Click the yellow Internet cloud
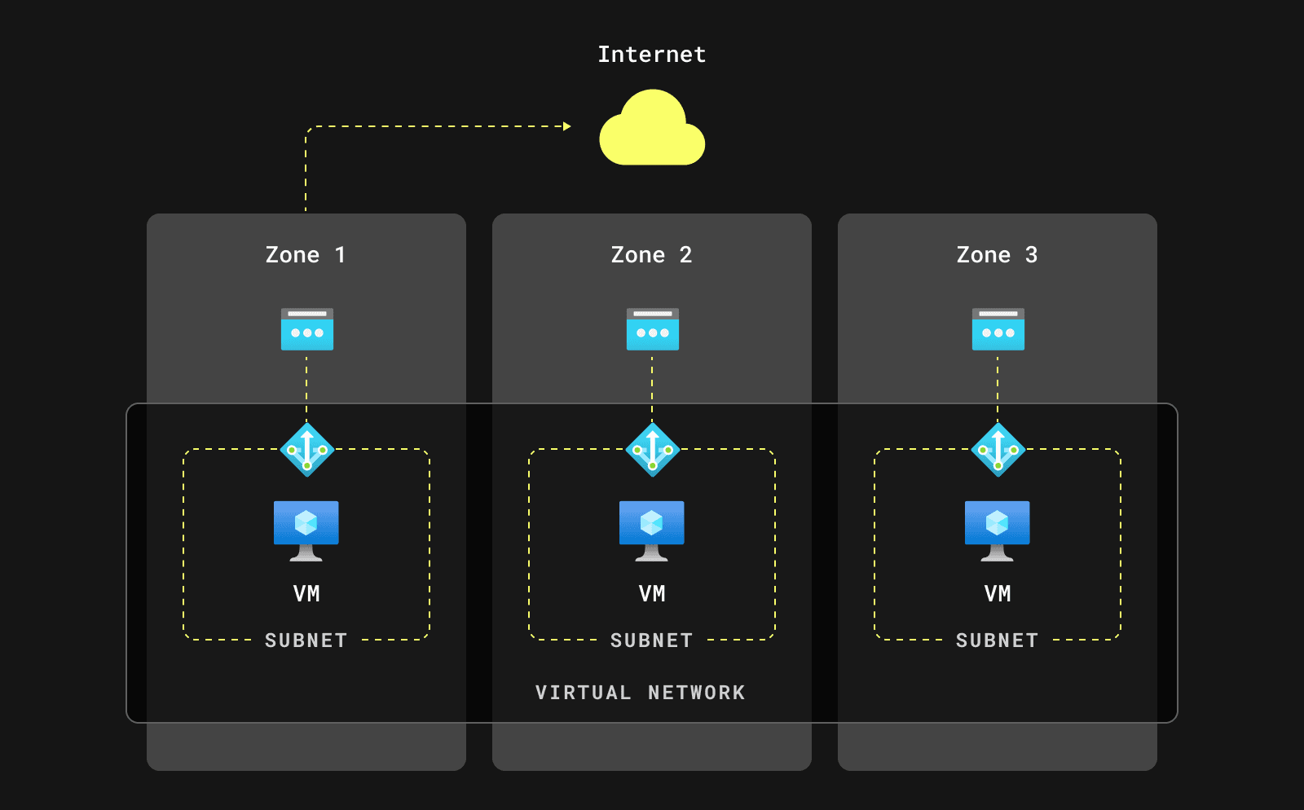(652, 130)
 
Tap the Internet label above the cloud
(652, 55)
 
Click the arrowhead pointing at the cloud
(567, 126)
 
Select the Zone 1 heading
(306, 255)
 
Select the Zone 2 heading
(652, 255)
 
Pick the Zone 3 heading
(997, 255)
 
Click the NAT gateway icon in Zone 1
(307, 329)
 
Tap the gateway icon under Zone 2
(653, 329)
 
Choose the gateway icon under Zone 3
(998, 329)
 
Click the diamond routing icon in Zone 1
(307, 449)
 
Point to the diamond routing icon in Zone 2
(653, 449)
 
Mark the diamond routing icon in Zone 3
(998, 449)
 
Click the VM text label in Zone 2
(652, 594)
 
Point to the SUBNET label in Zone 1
(306, 641)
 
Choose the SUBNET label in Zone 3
(998, 641)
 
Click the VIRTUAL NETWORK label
(641, 693)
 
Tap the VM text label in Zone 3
(998, 594)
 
